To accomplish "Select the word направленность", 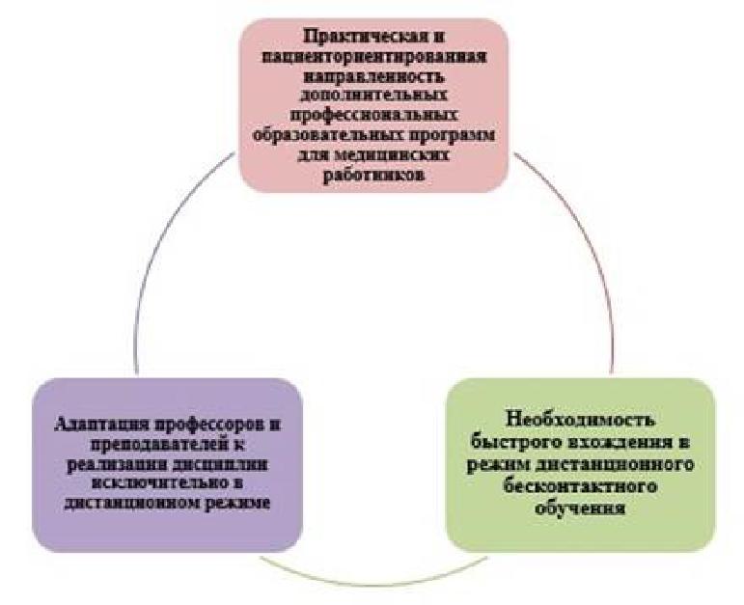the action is click(373, 76).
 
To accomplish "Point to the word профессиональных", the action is click(373, 116).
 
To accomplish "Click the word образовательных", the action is click(328, 136).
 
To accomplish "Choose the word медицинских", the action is click(393, 155).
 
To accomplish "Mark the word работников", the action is click(373, 176).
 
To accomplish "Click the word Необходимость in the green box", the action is click(581, 420).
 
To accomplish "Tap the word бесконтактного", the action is click(581, 487).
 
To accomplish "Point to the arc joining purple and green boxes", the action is click(373, 583).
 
